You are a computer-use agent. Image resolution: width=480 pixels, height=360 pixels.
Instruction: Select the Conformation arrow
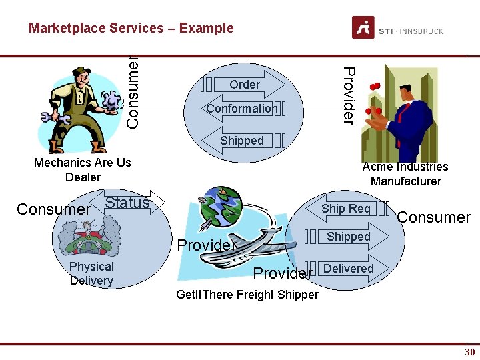242,109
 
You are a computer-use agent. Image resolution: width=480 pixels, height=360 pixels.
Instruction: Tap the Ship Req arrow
346,209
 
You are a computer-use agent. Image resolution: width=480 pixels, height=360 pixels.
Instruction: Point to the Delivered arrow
348,269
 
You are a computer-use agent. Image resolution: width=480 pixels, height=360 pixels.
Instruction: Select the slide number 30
469,352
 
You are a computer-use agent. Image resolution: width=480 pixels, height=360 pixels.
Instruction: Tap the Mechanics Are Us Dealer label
83,169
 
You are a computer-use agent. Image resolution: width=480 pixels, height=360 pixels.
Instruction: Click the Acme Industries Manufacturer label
405,174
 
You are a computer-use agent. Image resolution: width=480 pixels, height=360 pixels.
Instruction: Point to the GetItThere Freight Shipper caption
247,295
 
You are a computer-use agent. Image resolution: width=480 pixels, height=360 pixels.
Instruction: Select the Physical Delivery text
91,273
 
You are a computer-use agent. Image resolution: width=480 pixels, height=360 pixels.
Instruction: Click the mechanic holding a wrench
83,107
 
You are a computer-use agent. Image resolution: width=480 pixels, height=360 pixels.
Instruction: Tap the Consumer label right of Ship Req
434,217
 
